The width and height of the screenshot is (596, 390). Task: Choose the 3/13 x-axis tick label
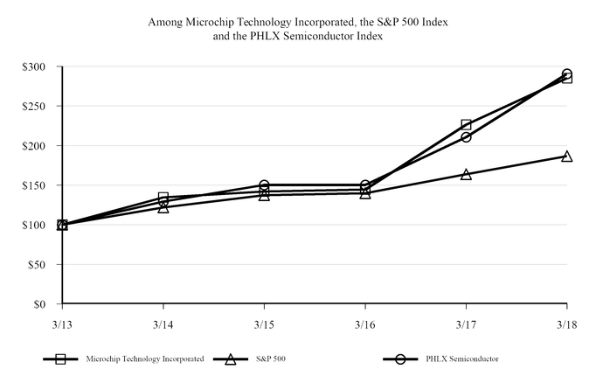pos(62,323)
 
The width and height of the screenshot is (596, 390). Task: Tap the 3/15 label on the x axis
pos(264,323)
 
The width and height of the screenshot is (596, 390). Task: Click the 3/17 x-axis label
pos(466,323)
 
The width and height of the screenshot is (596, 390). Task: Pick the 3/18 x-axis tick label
pos(566,323)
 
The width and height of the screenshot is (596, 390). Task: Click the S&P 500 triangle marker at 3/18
pos(566,157)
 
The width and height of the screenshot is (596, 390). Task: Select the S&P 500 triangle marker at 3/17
pos(466,174)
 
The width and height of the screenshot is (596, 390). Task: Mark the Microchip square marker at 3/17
pos(466,125)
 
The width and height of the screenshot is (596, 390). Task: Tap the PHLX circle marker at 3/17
pos(466,137)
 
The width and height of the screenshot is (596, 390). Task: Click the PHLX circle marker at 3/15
pos(264,185)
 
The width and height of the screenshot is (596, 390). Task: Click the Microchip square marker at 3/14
pos(163,198)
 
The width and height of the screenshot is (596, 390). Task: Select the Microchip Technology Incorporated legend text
pos(145,359)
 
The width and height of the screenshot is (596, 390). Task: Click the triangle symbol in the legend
pos(231,359)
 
